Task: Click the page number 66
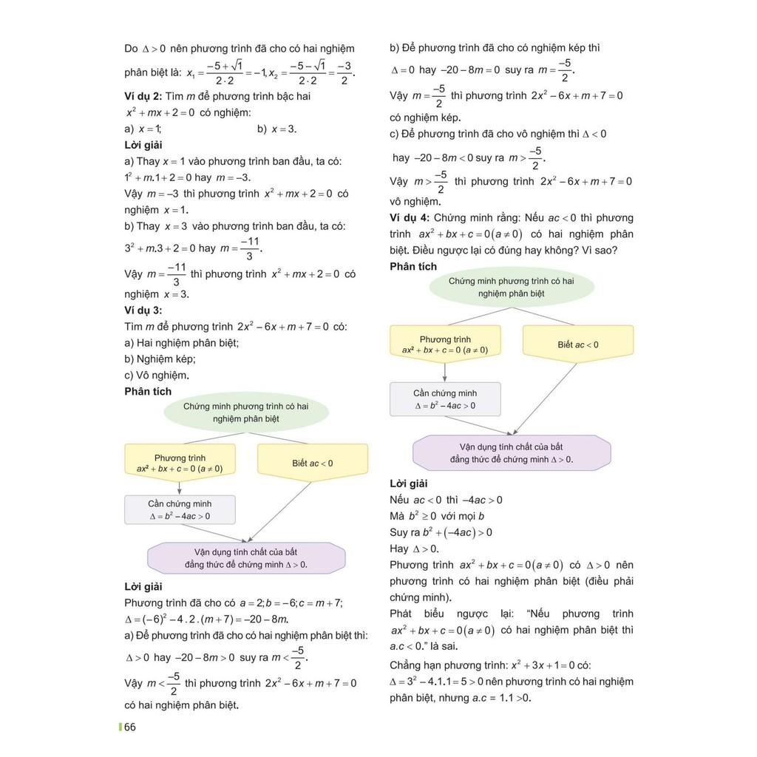(x=130, y=727)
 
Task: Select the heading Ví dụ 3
(x=143, y=310)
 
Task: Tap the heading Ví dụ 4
(x=410, y=217)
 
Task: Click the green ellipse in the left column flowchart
(x=245, y=413)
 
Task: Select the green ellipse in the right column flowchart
(x=511, y=288)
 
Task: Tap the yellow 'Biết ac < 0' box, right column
(x=577, y=344)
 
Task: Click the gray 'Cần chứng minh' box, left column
(x=180, y=510)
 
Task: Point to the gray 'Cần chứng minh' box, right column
(x=445, y=399)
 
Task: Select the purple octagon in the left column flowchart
(x=246, y=558)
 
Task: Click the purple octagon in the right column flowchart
(x=511, y=453)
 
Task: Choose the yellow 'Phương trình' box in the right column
(x=445, y=344)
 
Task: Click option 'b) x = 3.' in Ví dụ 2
(x=276, y=129)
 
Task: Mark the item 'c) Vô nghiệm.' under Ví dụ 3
(x=157, y=375)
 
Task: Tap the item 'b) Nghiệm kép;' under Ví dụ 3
(x=160, y=359)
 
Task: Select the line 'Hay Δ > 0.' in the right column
(x=414, y=549)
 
